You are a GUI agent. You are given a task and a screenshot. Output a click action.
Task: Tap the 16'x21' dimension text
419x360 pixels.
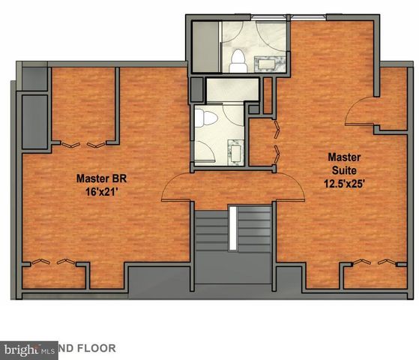(100, 192)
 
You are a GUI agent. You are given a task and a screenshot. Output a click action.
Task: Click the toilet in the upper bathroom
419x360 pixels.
(239, 56)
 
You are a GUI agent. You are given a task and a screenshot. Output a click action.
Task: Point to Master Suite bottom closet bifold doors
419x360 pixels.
(371, 262)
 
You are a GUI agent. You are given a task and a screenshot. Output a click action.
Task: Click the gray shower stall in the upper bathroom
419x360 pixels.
(205, 46)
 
